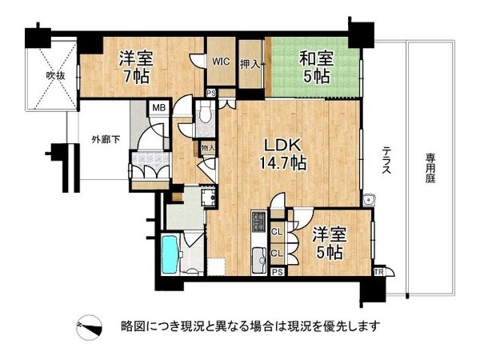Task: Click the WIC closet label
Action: [x=221, y=62]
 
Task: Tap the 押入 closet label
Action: [x=250, y=65]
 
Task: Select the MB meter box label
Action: [x=159, y=108]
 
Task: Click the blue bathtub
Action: [x=170, y=254]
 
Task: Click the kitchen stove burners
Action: [x=259, y=222]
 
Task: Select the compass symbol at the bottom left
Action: [x=89, y=327]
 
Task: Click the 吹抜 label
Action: [x=55, y=76]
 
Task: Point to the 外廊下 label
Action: [x=106, y=140]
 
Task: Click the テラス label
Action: [x=386, y=159]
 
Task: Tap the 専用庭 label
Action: [x=430, y=168]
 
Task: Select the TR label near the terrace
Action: [x=378, y=272]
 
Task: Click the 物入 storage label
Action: [x=208, y=148]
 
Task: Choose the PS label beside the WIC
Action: [x=211, y=93]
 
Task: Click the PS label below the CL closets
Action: [x=278, y=272]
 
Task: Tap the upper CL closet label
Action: [x=277, y=232]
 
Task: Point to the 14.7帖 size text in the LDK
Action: [x=282, y=163]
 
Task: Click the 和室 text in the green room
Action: [x=316, y=58]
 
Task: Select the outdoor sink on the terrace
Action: [x=369, y=200]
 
